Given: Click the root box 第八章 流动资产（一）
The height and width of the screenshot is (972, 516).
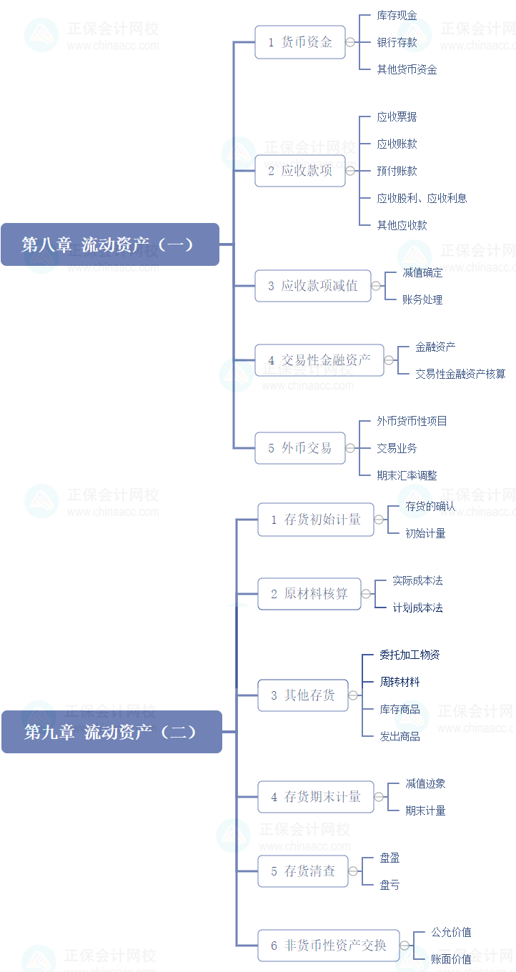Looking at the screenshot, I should click(x=110, y=244).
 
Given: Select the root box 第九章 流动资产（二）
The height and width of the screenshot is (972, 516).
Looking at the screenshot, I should click(x=111, y=732).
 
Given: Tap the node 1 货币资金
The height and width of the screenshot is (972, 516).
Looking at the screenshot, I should click(x=300, y=42).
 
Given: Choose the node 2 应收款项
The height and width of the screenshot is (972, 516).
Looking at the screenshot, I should click(x=300, y=171).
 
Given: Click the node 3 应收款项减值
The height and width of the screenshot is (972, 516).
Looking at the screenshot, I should click(x=313, y=286).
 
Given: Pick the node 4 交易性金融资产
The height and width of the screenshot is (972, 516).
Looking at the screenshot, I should click(x=319, y=360).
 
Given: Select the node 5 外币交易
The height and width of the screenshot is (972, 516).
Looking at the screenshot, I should click(x=300, y=448).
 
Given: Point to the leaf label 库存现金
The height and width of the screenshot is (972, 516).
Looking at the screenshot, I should click(x=397, y=15).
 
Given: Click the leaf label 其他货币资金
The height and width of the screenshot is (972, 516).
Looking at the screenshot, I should click(x=407, y=69).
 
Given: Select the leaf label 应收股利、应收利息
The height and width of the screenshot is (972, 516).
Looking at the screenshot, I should click(x=422, y=198).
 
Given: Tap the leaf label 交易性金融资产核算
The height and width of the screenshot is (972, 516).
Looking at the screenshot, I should click(x=461, y=374).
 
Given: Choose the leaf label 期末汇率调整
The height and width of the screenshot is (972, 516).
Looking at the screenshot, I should click(x=407, y=475).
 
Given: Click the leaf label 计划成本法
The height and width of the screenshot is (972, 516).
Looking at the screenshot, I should click(x=418, y=607).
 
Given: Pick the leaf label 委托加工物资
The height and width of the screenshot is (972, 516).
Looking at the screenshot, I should click(x=410, y=655).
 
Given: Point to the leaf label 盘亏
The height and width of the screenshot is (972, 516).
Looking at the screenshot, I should click(x=390, y=885).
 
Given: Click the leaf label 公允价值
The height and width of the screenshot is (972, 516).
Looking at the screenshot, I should click(x=452, y=932).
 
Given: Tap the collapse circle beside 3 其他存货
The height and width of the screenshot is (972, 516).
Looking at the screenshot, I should click(x=353, y=695).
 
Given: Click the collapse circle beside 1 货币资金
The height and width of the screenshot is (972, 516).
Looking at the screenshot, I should click(x=350, y=42).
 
